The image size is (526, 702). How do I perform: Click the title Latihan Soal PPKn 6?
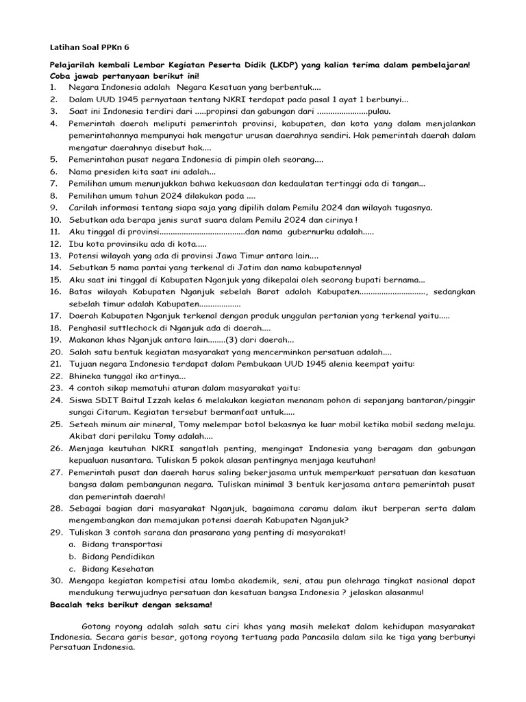89,47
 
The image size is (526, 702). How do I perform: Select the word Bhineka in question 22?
86,376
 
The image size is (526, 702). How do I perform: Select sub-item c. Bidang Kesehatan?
113,568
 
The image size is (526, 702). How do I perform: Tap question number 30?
55,581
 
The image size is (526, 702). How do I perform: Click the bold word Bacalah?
68,605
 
